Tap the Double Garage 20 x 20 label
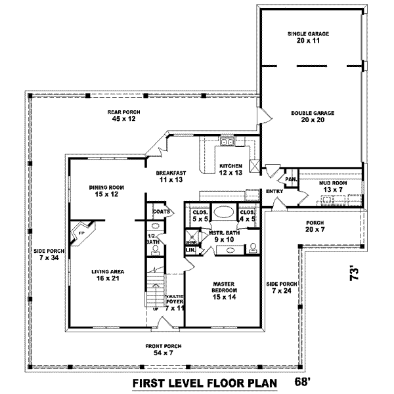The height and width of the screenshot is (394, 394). [313, 116]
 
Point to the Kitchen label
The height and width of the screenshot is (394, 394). [230, 169]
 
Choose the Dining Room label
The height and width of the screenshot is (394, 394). [106, 190]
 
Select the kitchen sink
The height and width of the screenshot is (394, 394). [227, 142]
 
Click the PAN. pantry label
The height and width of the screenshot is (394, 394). [290, 179]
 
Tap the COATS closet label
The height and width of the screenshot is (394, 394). [161, 211]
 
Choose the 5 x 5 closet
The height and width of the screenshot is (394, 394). [200, 215]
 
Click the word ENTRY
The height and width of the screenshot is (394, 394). [274, 192]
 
